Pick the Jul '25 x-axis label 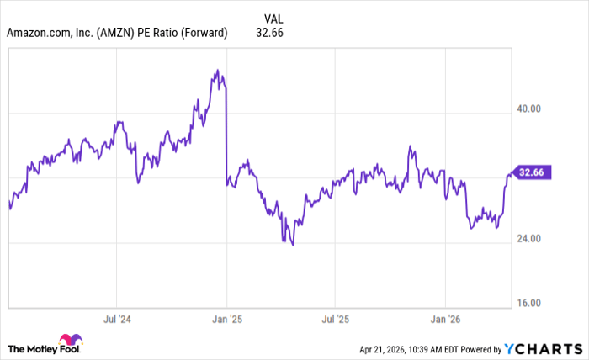click(335, 320)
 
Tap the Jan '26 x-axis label click(444, 320)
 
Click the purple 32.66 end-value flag click(533, 173)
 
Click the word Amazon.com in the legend click(38, 33)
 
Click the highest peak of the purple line click(216, 71)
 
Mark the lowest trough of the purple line click(292, 245)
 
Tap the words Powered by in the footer click(479, 348)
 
